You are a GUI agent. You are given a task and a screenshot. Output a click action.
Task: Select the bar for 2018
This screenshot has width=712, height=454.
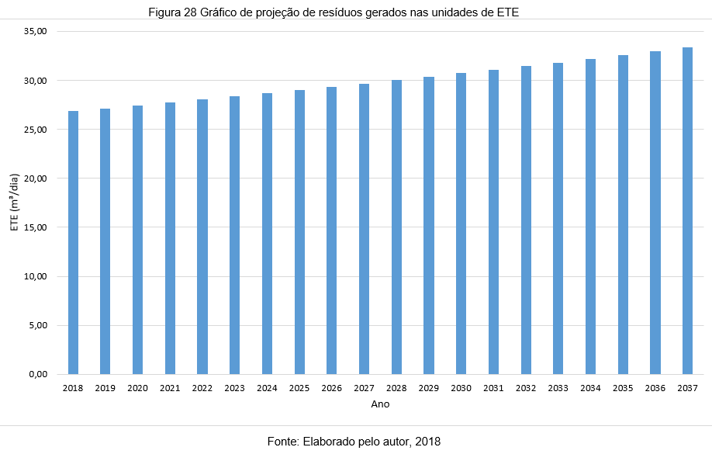73,242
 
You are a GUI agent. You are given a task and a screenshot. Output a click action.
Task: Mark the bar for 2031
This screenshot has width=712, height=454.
493,222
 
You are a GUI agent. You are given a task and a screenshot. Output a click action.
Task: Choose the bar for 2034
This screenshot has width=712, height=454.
590,217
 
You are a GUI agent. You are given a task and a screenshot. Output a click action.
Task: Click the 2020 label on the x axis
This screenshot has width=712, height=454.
137,388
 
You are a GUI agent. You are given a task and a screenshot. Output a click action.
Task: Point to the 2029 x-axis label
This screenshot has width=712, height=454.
428,388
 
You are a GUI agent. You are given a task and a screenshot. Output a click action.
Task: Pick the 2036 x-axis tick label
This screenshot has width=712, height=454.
655,388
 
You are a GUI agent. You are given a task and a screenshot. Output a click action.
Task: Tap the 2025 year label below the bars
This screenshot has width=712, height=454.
299,388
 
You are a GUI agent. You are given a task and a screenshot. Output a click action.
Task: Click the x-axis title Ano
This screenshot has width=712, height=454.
380,404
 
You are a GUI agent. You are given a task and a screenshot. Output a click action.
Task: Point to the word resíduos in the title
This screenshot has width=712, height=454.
342,13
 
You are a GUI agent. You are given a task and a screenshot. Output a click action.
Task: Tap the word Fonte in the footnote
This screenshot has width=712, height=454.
283,442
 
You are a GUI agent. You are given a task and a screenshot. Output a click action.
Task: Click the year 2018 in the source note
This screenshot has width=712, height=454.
427,442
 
